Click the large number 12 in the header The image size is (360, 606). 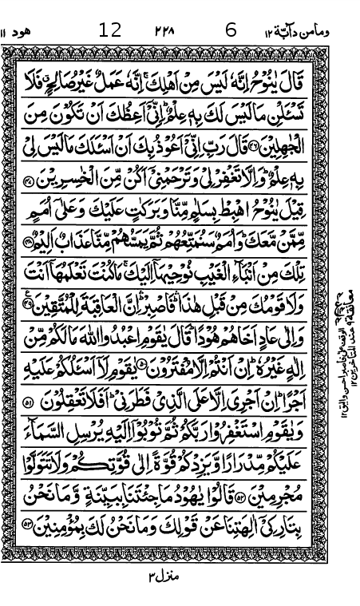pyautogui.click(x=110, y=31)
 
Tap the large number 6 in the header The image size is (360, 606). pyautogui.click(x=231, y=31)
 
